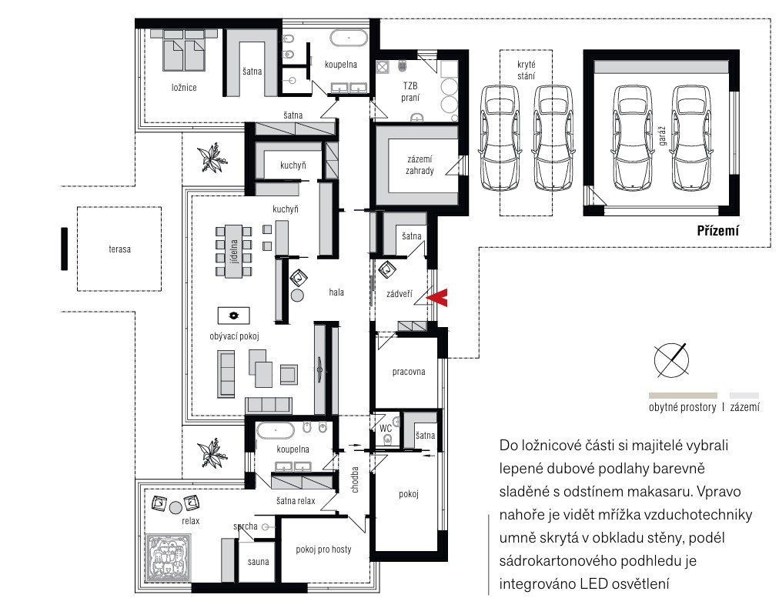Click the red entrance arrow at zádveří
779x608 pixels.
coord(437,298)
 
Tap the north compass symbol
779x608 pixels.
coord(671,359)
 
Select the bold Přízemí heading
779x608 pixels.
coord(717,231)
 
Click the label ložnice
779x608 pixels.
coord(184,88)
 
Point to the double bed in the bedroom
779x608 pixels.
coord(184,49)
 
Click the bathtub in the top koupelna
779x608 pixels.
coord(349,38)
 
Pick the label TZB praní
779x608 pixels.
coord(410,92)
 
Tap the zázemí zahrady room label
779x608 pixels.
coord(420,165)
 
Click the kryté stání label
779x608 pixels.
coord(526,70)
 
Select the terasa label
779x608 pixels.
coord(120,249)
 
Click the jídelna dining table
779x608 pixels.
coord(233,251)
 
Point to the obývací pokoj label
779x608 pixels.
coord(235,336)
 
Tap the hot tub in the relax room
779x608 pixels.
coord(168,557)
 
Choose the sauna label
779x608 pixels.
coord(259,562)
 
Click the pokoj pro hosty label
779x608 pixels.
coord(323,550)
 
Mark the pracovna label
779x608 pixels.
coord(409,372)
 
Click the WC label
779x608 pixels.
coord(386,428)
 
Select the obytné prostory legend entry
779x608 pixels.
coord(683,407)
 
